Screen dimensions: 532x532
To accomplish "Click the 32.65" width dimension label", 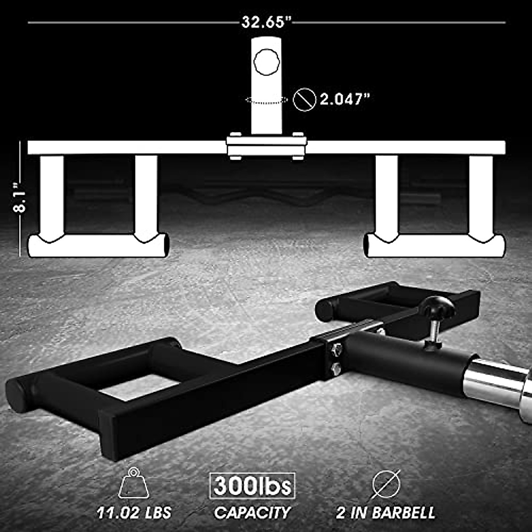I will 266,22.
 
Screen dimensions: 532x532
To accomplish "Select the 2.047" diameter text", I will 344,99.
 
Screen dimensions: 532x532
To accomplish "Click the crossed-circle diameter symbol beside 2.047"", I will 305,99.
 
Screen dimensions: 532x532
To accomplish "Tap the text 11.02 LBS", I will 134,513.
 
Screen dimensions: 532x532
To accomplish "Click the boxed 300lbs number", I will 252,486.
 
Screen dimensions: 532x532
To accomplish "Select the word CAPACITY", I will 252,513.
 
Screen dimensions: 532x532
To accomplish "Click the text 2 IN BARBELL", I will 386,513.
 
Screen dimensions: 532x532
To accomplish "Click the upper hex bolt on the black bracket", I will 336,350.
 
